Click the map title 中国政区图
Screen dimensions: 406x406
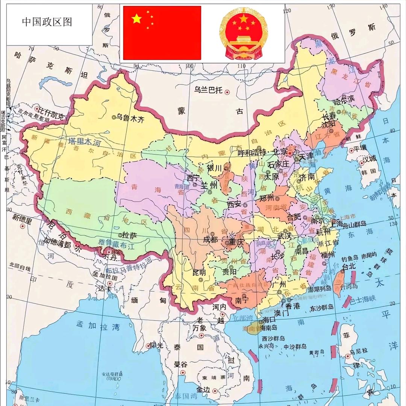[47, 22]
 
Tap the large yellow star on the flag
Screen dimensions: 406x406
[137, 18]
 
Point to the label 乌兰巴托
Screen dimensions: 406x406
[209, 90]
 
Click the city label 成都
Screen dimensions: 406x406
[210, 239]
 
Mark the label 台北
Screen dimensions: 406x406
[348, 266]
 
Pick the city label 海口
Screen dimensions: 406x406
[269, 320]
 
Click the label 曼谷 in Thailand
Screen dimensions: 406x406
[180, 364]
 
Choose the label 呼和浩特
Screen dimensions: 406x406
[252, 153]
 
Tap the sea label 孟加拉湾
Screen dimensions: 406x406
[98, 325]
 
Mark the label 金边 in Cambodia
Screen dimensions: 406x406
[203, 389]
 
